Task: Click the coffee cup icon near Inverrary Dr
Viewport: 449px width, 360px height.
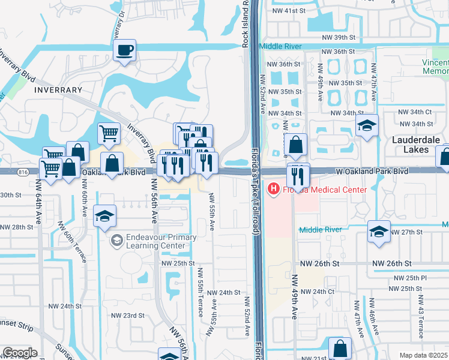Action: pos(125,50)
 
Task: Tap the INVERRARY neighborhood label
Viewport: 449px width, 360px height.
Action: pos(58,90)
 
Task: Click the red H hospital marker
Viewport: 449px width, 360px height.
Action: pos(274,190)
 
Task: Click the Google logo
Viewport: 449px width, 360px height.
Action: pos(20,353)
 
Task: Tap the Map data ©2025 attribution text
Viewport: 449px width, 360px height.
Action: pos(424,355)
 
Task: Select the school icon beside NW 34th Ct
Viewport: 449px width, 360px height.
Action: pos(367,125)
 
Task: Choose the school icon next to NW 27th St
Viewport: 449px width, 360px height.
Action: pos(379,232)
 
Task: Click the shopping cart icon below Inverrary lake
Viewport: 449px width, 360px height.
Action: pos(109,133)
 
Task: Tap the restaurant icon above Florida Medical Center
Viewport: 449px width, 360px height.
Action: pos(298,175)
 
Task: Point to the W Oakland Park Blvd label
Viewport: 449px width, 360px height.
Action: pos(372,171)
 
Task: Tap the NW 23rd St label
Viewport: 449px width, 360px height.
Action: pos(128,315)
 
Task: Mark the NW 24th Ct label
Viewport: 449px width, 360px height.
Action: pos(317,292)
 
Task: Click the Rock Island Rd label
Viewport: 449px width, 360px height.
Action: pos(246,24)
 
